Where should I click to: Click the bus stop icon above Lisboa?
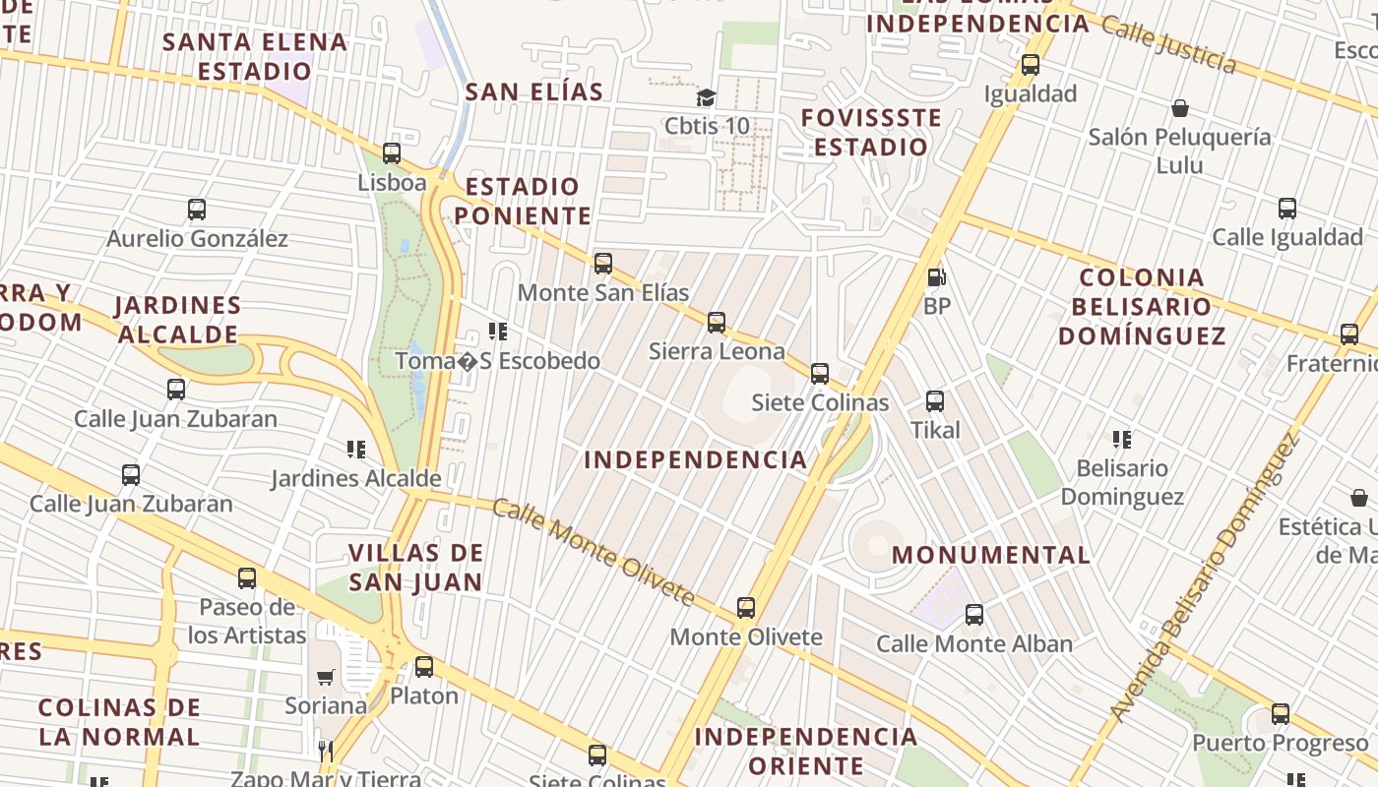392,153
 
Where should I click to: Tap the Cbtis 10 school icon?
706,97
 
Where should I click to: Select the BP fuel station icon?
936,277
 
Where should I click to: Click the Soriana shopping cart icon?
325,677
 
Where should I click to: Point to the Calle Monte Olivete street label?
593,551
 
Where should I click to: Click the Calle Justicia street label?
1168,44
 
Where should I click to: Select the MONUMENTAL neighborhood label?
990,555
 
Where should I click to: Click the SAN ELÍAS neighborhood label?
533,91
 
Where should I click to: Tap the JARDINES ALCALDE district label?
178,320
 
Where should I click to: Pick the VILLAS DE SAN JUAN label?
415,567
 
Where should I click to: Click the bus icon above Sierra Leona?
717,323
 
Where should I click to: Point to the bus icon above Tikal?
935,401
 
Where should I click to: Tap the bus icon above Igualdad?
1031,66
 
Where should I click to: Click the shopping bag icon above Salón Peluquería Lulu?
1179,108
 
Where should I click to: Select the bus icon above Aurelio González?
197,210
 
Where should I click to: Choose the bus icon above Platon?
424,667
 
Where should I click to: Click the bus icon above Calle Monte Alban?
974,615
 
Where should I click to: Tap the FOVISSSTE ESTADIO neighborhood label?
871,133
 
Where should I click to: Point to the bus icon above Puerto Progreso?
1281,714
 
